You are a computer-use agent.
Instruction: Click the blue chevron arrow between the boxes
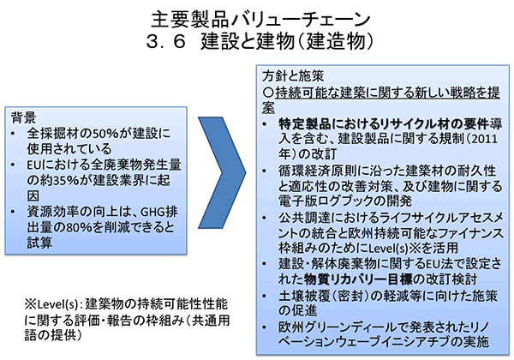point(223,172)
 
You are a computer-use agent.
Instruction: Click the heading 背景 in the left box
point(23,117)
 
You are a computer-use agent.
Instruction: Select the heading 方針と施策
point(293,76)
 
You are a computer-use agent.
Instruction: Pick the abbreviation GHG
point(152,212)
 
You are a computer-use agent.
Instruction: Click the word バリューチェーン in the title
point(301,20)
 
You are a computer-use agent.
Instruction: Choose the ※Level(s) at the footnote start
point(51,304)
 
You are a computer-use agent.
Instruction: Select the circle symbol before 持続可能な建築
point(268,93)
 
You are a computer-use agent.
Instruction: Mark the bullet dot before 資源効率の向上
point(13,212)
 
